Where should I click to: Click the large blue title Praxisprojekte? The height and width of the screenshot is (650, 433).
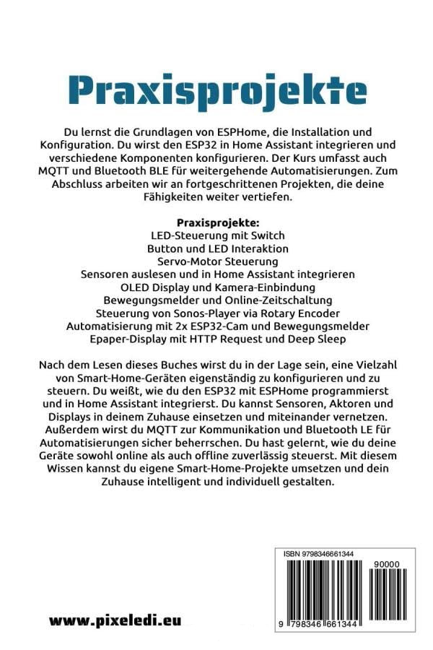tap(217, 91)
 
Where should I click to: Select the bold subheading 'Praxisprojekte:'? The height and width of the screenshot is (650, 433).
tap(217, 222)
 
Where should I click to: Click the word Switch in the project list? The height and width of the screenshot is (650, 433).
tap(268, 235)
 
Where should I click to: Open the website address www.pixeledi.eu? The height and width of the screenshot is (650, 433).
tap(115, 620)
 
